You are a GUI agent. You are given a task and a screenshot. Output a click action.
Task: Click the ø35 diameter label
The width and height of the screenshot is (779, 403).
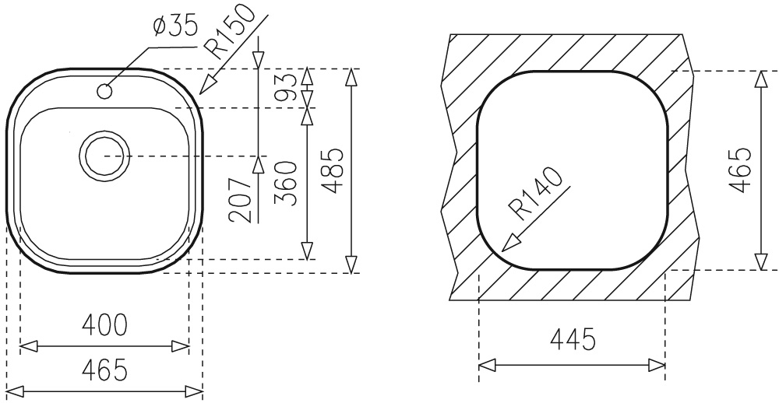click(175, 26)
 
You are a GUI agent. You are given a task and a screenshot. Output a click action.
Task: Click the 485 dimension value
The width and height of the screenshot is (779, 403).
click(332, 170)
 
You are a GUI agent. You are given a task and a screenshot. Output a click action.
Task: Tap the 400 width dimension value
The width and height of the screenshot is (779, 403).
click(105, 325)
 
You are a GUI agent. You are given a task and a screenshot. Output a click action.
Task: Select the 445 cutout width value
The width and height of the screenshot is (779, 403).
click(573, 340)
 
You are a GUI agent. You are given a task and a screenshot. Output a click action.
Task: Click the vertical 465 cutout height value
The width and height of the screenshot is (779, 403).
click(740, 170)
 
